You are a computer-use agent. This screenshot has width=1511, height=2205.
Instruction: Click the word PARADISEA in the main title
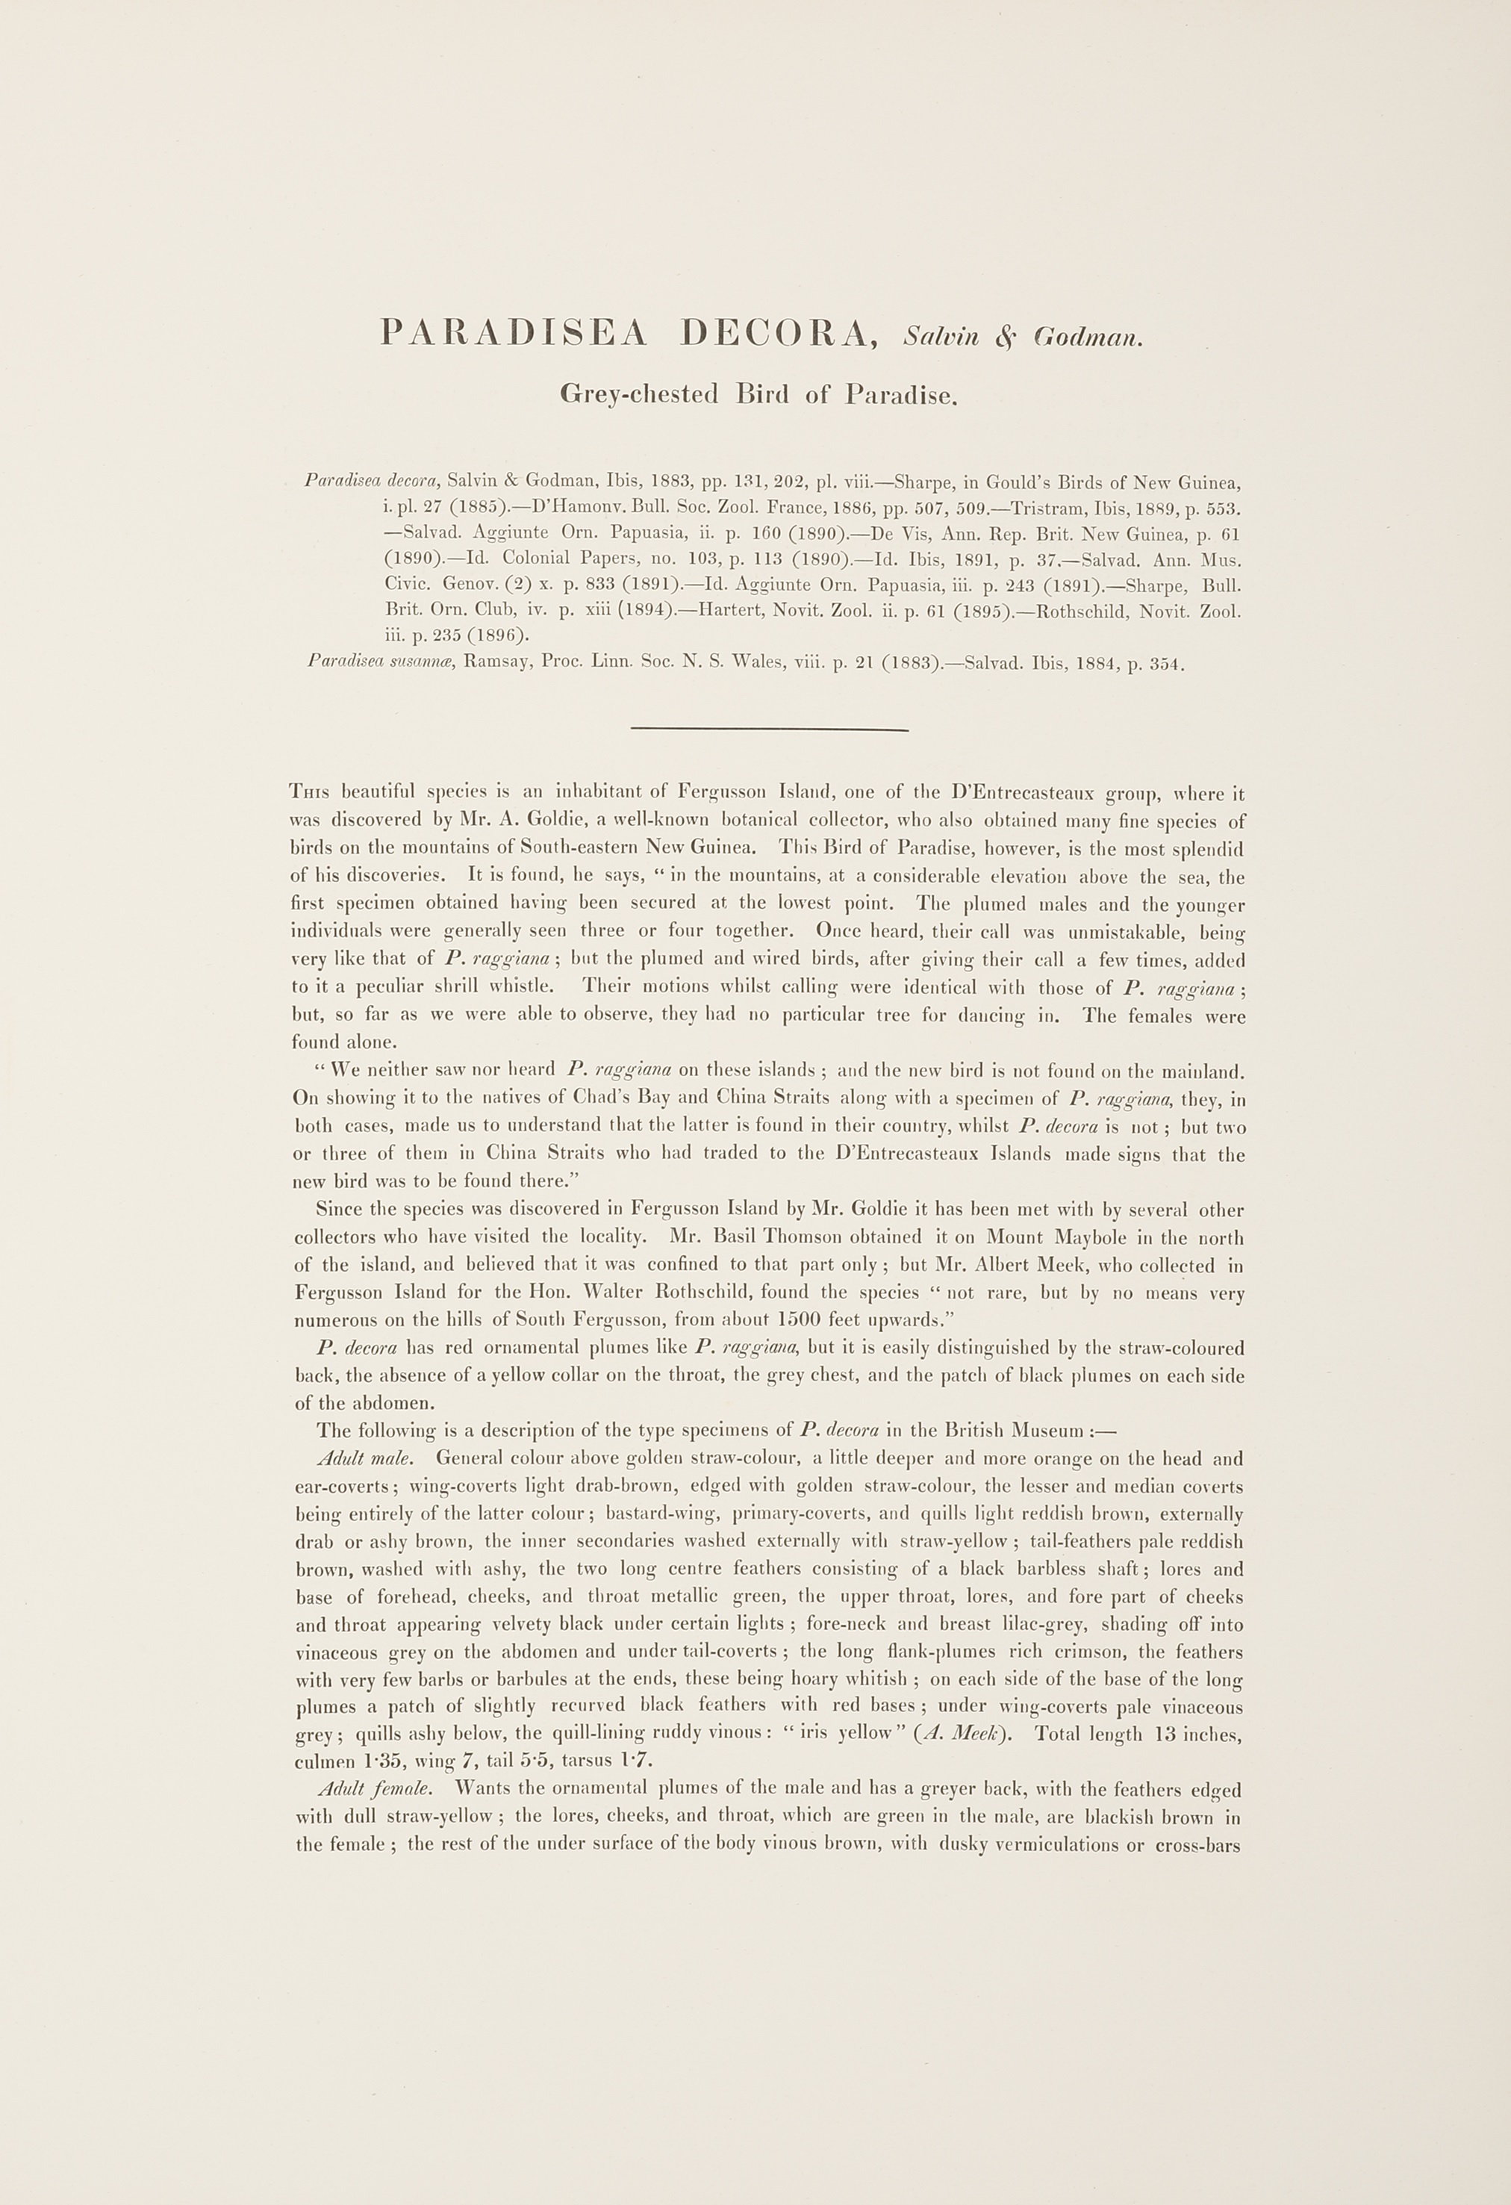(x=513, y=332)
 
